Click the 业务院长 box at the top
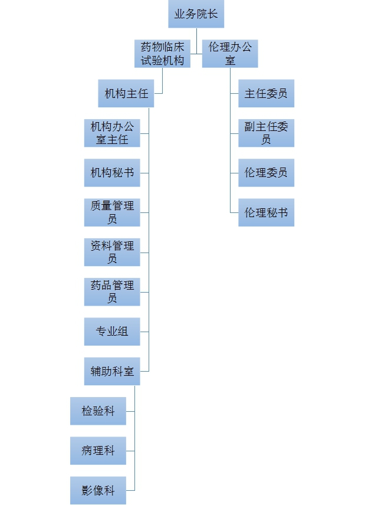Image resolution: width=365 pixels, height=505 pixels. [196, 14]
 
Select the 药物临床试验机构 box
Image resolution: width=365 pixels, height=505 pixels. [162, 54]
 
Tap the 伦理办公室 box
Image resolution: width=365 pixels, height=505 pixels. [230, 54]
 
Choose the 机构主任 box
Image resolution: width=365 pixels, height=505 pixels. [126, 93]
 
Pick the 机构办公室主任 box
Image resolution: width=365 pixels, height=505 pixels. [112, 133]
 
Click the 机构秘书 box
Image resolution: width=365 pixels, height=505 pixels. [112, 173]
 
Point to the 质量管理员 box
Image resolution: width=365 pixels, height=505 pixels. [112, 212]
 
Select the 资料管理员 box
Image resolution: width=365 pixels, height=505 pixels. [112, 252]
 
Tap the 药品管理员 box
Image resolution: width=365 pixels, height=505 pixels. [112, 291]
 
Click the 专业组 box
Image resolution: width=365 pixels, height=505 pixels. [112, 332]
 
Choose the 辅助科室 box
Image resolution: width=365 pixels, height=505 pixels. [112, 371]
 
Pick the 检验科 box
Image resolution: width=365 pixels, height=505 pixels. [98, 411]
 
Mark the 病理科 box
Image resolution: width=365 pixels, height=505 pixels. [98, 451]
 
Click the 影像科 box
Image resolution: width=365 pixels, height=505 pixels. [98, 490]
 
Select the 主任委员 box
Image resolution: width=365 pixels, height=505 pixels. [266, 93]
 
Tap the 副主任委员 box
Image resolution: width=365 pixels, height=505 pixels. [266, 133]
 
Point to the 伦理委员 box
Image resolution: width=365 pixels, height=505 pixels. [266, 173]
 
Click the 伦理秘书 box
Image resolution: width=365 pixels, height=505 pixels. [266, 212]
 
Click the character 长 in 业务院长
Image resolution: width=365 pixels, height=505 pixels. [213, 14]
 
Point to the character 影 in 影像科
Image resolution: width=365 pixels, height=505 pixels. [87, 490]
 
